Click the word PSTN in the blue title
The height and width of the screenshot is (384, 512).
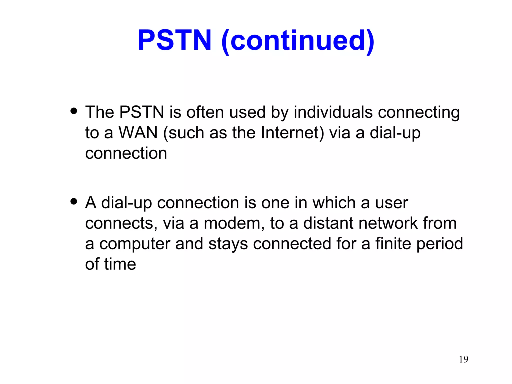coord(174,40)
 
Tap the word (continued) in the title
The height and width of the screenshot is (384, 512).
coord(298,41)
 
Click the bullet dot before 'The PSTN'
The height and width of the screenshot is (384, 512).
coord(74,111)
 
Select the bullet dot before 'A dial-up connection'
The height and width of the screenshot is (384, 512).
coord(74,201)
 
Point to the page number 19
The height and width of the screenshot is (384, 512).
coord(463,359)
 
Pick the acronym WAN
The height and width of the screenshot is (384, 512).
coord(138,132)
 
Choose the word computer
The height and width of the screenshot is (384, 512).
coord(135,244)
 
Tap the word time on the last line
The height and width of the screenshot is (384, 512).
coord(120,264)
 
